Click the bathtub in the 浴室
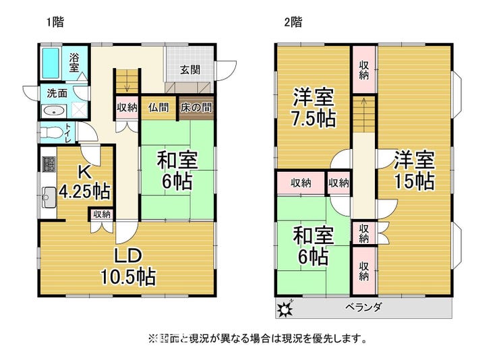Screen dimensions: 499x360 click(x=51, y=63)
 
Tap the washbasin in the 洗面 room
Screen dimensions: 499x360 click(x=53, y=111)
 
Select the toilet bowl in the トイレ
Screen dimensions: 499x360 click(x=51, y=132)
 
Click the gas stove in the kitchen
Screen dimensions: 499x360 click(x=48, y=164)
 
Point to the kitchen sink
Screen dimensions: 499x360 click(x=49, y=197)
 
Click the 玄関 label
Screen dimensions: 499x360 click(x=190, y=69)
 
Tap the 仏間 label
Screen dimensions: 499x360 click(x=158, y=107)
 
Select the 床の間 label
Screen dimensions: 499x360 click(x=196, y=107)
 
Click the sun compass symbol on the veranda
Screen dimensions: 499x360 click(x=285, y=307)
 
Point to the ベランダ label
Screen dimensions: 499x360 click(x=363, y=307)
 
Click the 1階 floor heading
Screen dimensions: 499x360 click(x=55, y=22)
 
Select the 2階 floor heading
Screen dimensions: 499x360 click(x=293, y=22)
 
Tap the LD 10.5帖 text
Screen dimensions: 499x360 click(x=128, y=266)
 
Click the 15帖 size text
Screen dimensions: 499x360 click(x=414, y=181)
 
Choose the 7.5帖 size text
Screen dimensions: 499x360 click(x=314, y=119)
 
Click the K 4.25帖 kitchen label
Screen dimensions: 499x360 click(x=85, y=183)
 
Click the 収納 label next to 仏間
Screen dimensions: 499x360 click(x=127, y=107)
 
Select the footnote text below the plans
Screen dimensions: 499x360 click(x=258, y=338)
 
